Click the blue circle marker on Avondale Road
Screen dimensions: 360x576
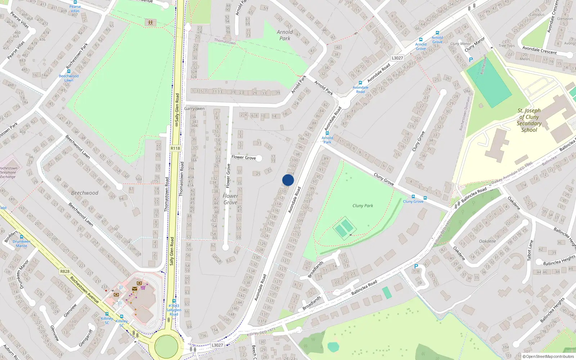coord(288,180)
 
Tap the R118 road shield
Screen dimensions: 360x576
coord(175,148)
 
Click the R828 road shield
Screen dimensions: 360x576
coord(65,271)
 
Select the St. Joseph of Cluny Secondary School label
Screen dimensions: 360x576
coord(529,120)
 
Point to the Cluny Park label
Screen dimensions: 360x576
coord(363,206)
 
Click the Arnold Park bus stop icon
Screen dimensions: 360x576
coord(327,133)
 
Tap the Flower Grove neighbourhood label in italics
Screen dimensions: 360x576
coord(230,199)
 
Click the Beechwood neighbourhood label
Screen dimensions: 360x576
coord(85,193)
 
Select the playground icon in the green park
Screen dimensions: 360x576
coord(150,23)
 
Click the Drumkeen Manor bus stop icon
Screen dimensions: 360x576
coord(22,237)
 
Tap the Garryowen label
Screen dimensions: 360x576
coord(194,108)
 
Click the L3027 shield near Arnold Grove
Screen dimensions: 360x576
coord(397,58)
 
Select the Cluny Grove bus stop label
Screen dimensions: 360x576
coord(413,202)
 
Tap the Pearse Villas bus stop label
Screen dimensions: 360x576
coord(75,9)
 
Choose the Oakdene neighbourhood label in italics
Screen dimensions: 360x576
coord(487,241)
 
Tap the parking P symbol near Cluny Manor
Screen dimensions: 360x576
coord(471,60)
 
